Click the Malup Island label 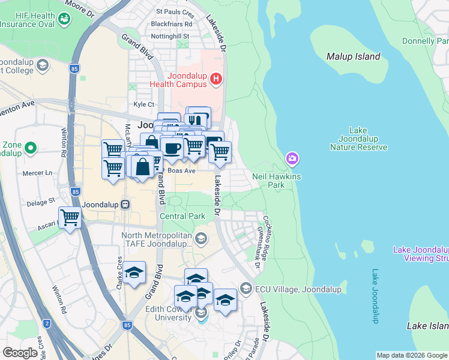(353, 56)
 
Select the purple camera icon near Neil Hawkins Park (292, 159)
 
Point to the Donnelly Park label (426, 41)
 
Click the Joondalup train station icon (125, 204)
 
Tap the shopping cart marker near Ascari (70, 217)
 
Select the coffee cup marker (172, 148)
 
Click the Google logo (20, 352)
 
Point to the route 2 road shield (47, 323)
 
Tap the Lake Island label (427, 326)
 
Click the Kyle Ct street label (144, 104)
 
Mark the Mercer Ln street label (37, 173)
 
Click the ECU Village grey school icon (245, 289)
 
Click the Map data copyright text (412, 355)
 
